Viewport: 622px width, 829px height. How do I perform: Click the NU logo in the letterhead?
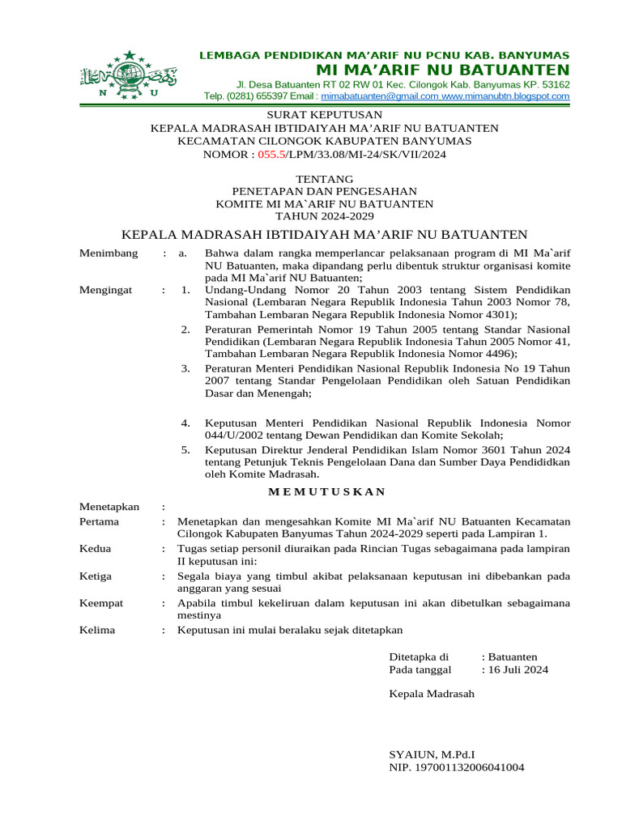pos(129,75)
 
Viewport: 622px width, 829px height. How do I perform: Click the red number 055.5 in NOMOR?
pos(273,154)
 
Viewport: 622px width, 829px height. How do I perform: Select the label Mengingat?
pos(105,290)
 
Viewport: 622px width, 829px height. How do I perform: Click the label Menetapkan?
pos(109,507)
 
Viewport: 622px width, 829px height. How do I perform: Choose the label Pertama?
pos(100,521)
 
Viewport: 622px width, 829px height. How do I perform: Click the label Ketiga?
pos(96,576)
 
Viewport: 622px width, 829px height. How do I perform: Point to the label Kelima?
pos(97,630)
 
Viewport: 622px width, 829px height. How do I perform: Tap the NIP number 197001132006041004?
pos(456,767)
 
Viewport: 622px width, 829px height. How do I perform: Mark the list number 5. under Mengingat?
pos(185,450)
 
